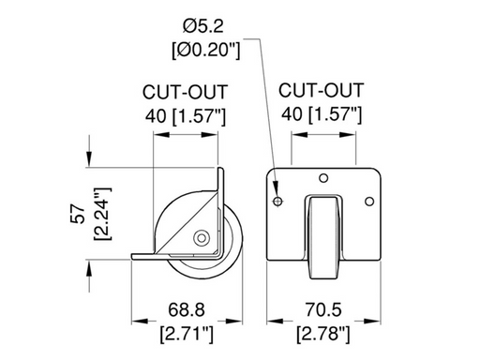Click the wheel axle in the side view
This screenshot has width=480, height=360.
pyautogui.click(x=201, y=239)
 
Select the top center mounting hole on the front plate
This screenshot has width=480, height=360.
pyautogui.click(x=322, y=178)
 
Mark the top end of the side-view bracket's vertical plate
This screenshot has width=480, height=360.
pyautogui.click(x=222, y=172)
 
